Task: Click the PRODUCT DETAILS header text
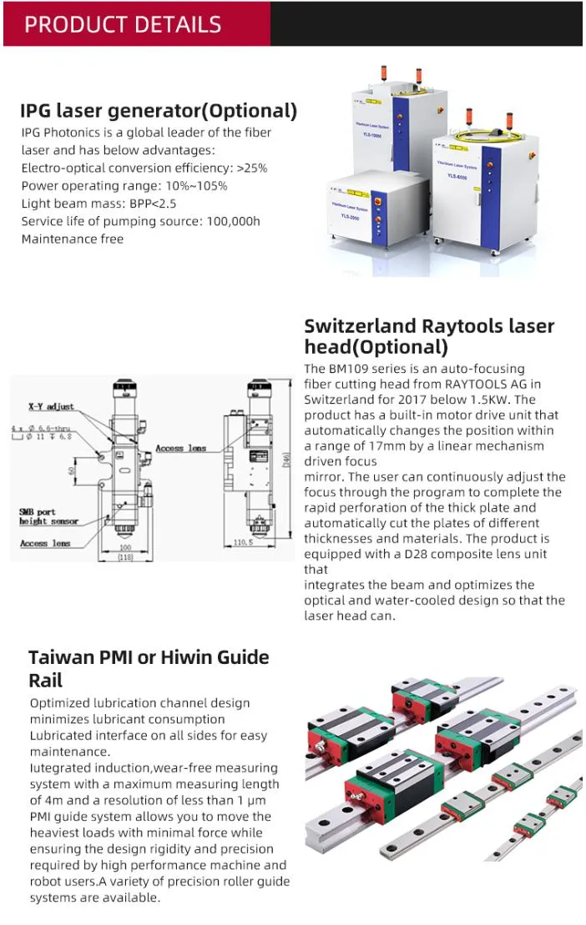point(123,23)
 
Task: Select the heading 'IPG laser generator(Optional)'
point(159,111)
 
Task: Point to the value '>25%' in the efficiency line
point(252,168)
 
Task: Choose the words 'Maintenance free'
point(73,239)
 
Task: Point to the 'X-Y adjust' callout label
point(51,406)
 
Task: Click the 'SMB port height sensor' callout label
point(48,516)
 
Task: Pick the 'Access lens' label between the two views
point(180,448)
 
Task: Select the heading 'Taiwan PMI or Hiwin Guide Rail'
point(149,668)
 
